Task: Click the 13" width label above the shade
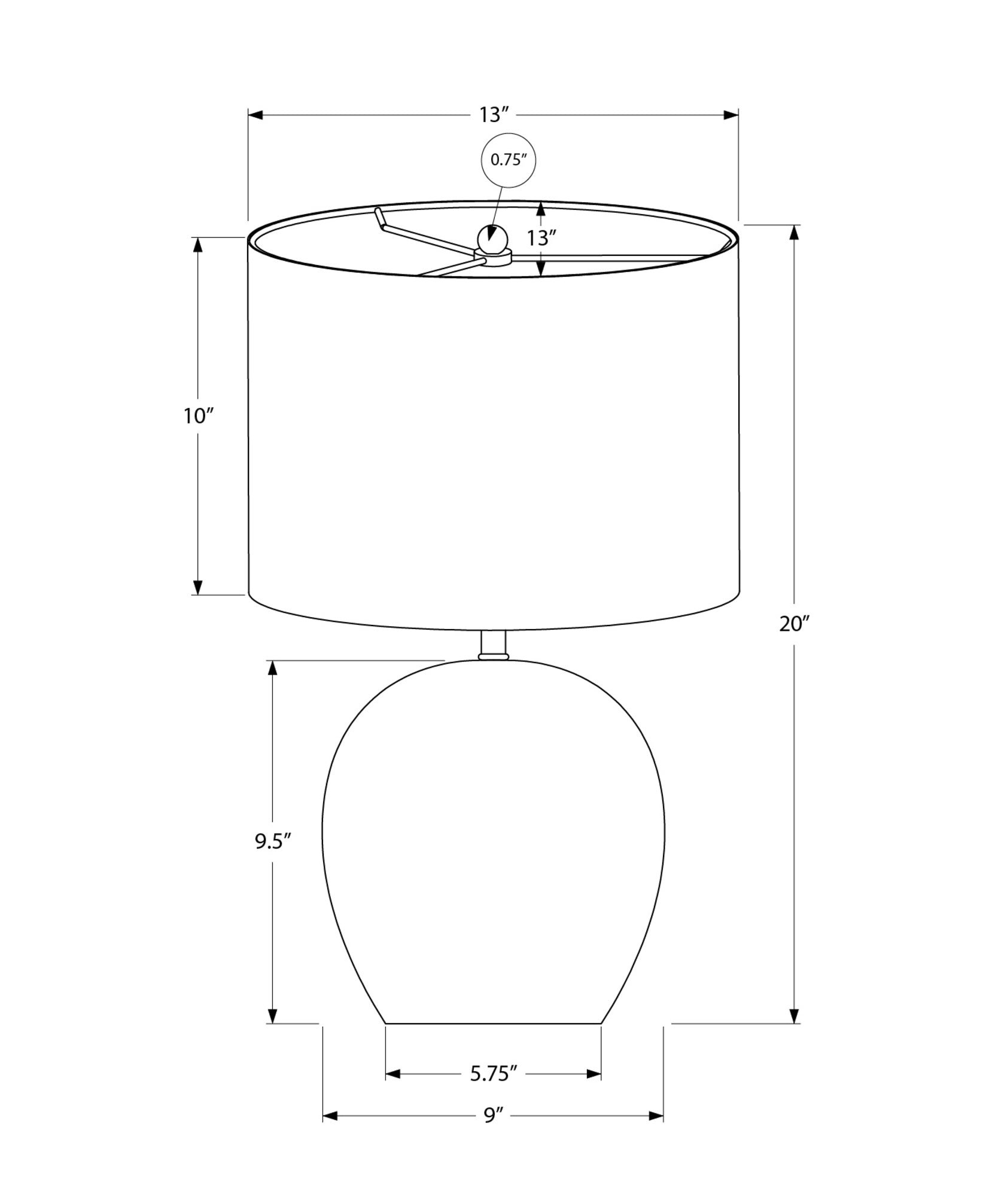[x=493, y=114]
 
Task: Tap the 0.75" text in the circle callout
[x=508, y=160]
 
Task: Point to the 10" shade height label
[x=199, y=416]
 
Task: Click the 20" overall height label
[x=794, y=624]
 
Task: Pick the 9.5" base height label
[x=273, y=841]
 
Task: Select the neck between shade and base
[x=493, y=643]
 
